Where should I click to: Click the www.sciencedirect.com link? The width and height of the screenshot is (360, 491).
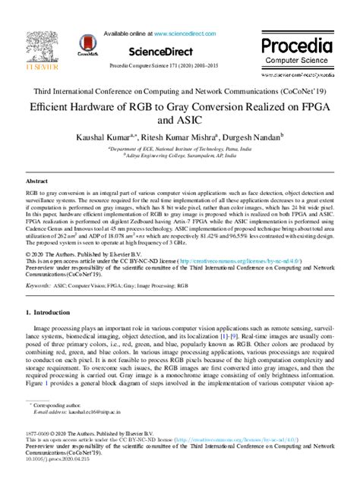pyautogui.click(x=186, y=34)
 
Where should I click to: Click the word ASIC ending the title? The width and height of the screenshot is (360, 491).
pyautogui.click(x=179, y=120)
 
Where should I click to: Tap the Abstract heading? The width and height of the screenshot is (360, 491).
pyautogui.click(x=37, y=183)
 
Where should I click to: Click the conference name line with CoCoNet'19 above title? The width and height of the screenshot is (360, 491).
pyautogui.click(x=179, y=90)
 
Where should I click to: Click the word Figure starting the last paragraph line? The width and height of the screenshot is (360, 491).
pyautogui.click(x=36, y=384)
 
